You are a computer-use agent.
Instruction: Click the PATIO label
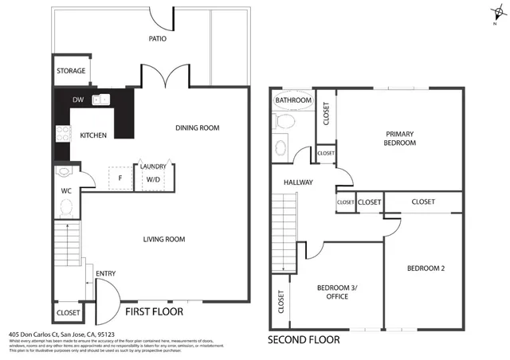click(157, 38)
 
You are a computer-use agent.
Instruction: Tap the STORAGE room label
click(71, 71)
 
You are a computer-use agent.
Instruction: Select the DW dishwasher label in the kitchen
click(78, 100)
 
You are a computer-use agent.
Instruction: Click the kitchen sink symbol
click(100, 100)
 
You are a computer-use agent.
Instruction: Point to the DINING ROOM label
click(197, 127)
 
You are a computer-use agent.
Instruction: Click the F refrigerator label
click(120, 178)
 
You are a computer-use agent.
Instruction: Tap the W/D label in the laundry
click(151, 179)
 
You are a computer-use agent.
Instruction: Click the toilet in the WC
click(66, 207)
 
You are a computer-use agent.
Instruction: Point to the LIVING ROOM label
click(164, 239)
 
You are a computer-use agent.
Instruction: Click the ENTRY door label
click(106, 274)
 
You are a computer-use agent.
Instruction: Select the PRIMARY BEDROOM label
click(401, 139)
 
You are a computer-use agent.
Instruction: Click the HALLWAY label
click(298, 182)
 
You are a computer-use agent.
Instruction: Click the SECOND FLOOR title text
click(303, 339)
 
